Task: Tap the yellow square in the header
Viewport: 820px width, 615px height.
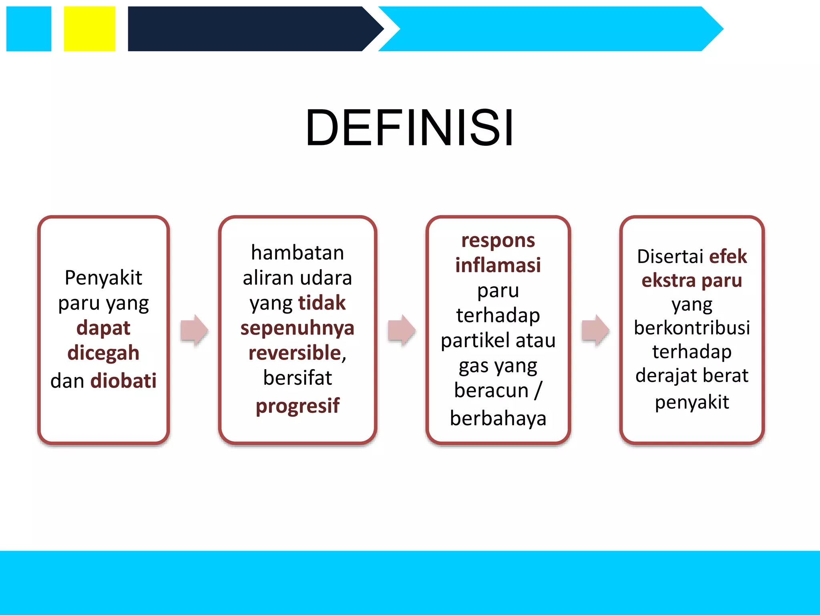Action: [x=89, y=29]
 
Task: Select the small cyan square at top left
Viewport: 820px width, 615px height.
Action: [x=29, y=29]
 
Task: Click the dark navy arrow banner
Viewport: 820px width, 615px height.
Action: [x=248, y=29]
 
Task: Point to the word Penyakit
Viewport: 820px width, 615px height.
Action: [x=103, y=277]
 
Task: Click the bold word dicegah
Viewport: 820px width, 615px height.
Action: [x=103, y=353]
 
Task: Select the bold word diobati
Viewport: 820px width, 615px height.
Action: [x=123, y=380]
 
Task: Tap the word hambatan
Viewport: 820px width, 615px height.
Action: [x=297, y=253]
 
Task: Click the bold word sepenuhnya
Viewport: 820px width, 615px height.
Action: [x=297, y=328]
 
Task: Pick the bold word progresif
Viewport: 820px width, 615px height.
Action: [x=297, y=406]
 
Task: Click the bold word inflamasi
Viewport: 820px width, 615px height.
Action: [x=498, y=265]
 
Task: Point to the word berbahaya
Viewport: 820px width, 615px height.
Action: [x=498, y=418]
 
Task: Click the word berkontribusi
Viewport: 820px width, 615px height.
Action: [x=692, y=328]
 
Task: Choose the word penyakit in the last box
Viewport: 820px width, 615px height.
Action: [x=692, y=402]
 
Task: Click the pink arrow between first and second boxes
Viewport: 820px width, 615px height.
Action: [x=195, y=330]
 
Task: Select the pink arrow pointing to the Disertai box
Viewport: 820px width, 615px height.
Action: [x=595, y=330]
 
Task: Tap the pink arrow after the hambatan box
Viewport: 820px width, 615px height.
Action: [x=402, y=330]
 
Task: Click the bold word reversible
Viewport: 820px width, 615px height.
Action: [x=295, y=353]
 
